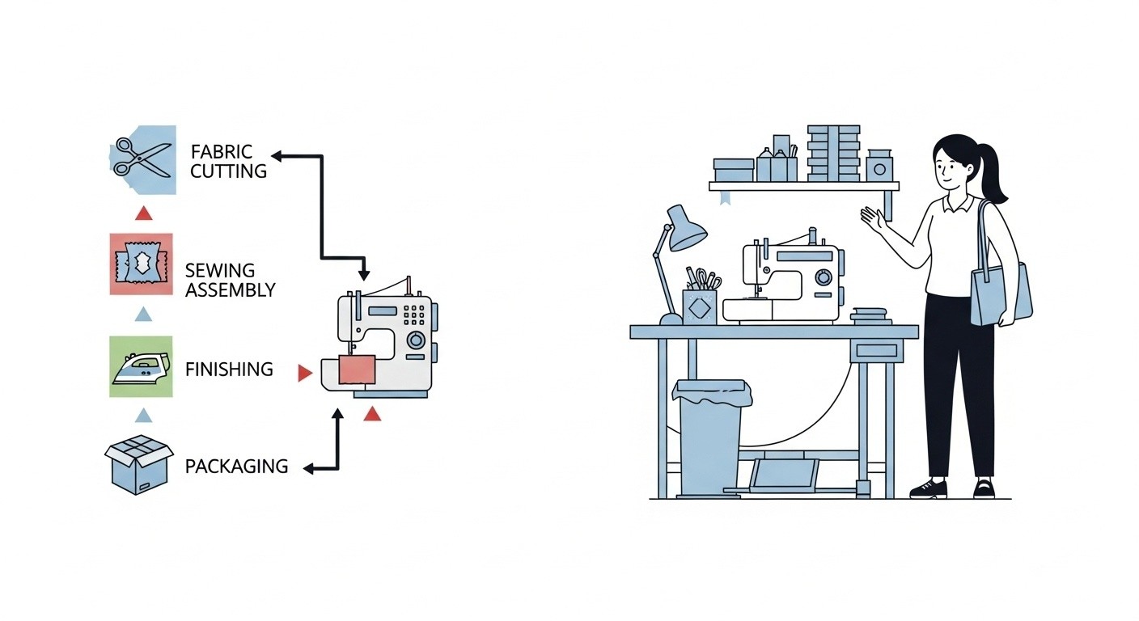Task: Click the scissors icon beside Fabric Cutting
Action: click(142, 157)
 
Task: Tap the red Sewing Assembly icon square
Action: click(141, 264)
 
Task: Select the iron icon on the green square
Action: click(141, 367)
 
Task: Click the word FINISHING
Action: click(229, 370)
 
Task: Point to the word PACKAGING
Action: click(236, 467)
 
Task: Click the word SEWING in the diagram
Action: click(220, 270)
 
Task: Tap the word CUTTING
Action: click(229, 171)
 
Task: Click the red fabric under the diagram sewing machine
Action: click(358, 370)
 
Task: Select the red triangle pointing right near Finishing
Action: click(304, 372)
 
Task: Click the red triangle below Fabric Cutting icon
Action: click(143, 213)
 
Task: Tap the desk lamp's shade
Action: click(687, 229)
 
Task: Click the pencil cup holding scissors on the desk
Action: click(700, 306)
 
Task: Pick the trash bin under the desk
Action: click(709, 437)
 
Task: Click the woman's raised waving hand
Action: click(871, 217)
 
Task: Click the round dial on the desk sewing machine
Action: click(824, 278)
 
